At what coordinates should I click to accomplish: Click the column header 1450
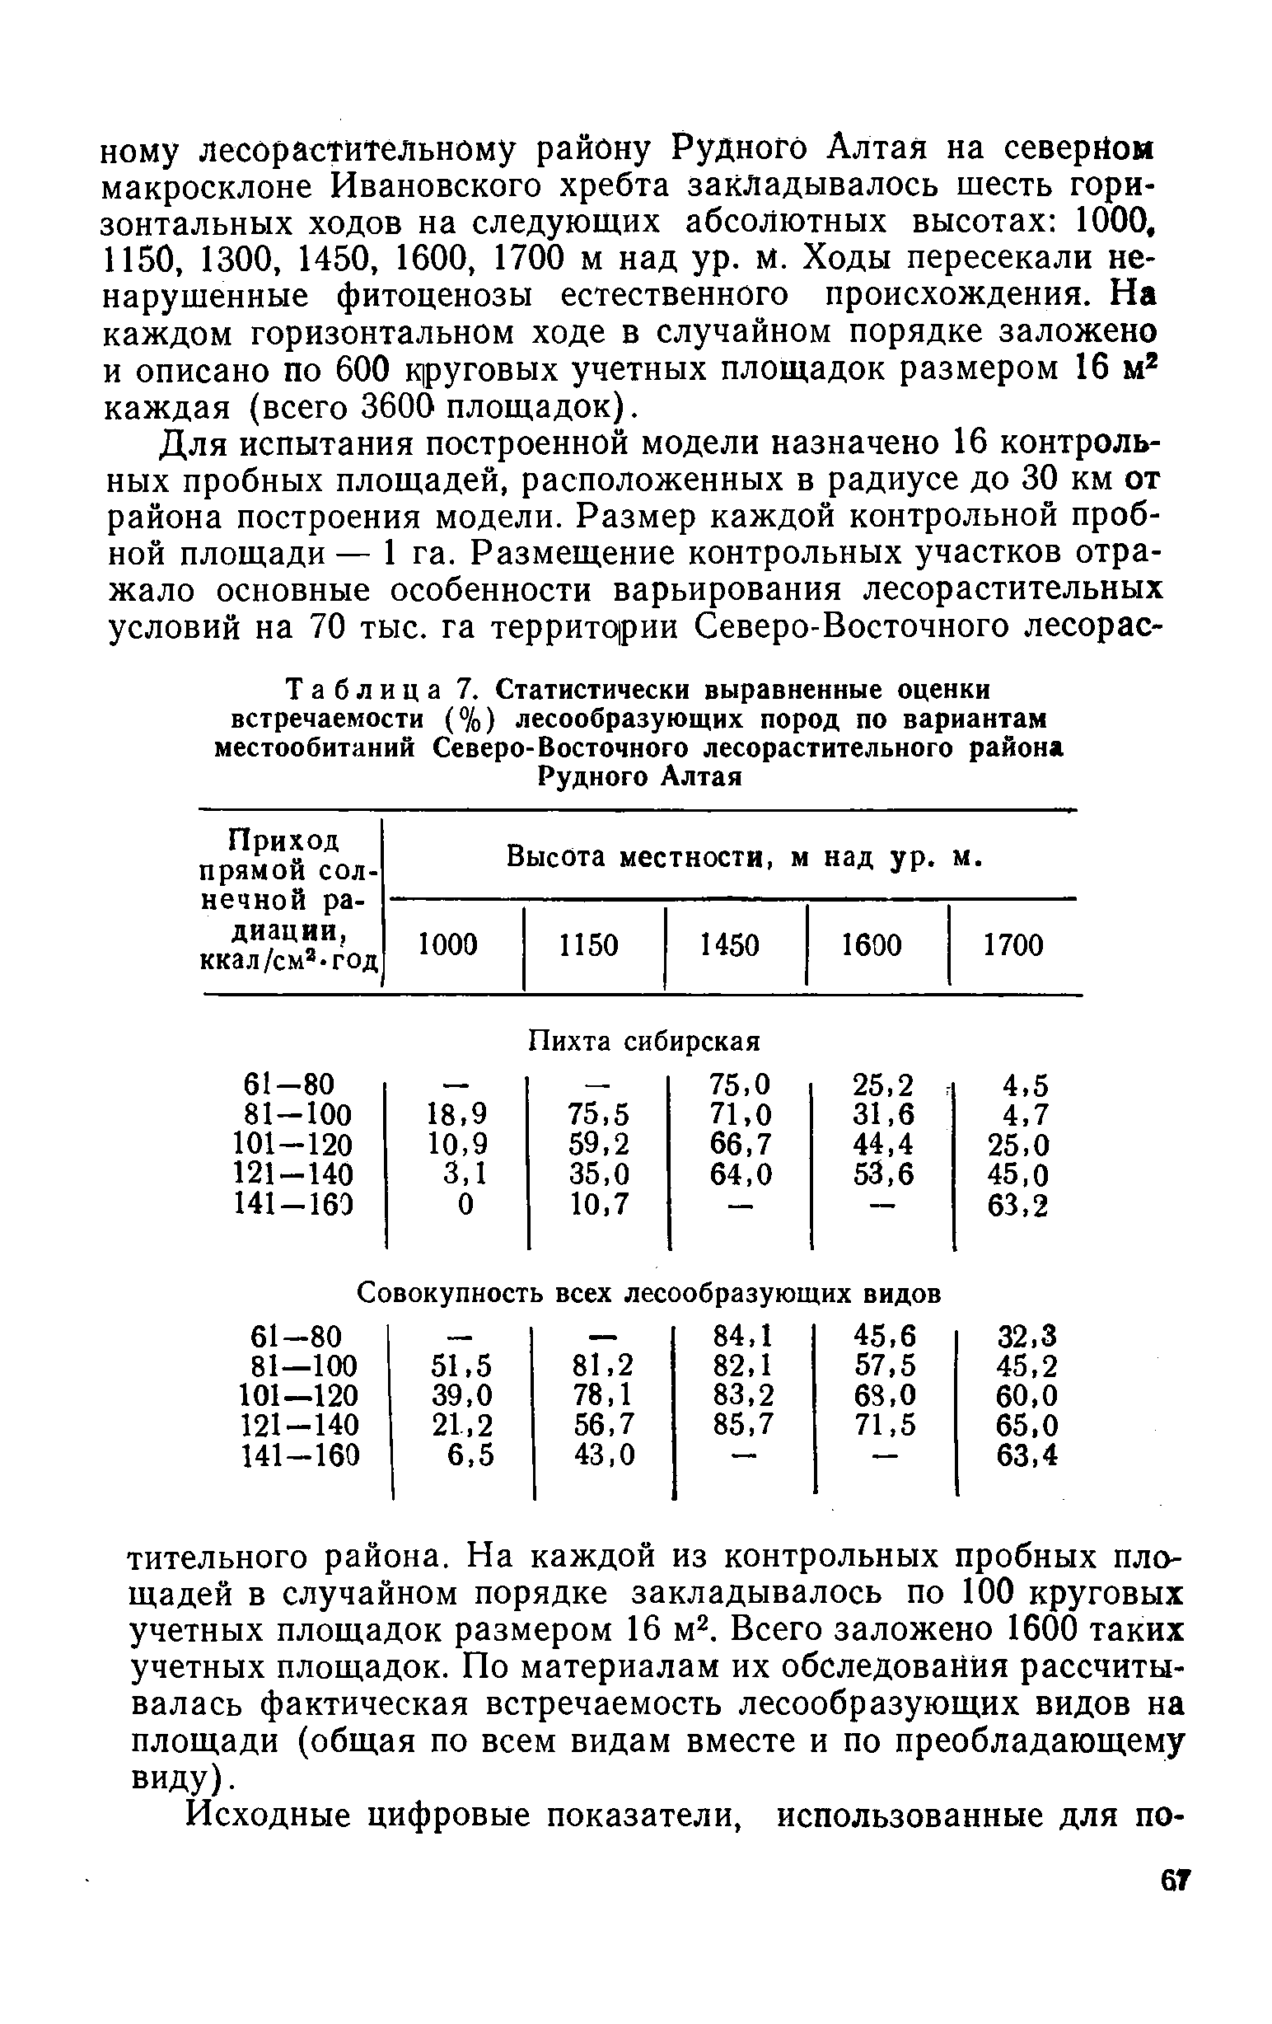729,945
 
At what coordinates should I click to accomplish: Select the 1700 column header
1012,945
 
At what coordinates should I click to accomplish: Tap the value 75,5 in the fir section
598,1113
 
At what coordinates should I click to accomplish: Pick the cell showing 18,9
457,1113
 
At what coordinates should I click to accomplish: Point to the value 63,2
1018,1206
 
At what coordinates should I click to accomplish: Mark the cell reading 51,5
461,1365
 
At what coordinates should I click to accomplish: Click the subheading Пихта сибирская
643,1042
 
